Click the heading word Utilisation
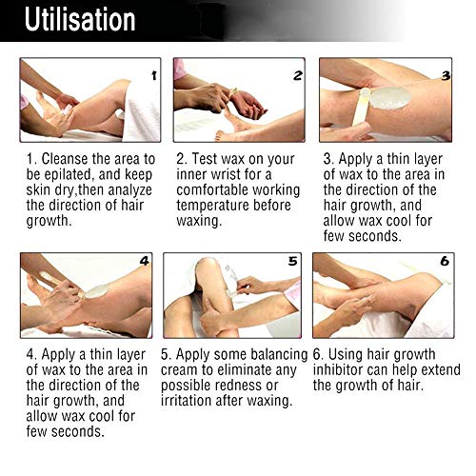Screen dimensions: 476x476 [x=80, y=20]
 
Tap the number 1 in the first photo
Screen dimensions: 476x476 [x=154, y=75]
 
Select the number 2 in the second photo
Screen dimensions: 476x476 [x=298, y=75]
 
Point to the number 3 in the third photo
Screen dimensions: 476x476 [x=446, y=75]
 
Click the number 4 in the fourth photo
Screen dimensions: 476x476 [x=145, y=261]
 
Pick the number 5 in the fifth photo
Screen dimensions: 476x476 [x=292, y=261]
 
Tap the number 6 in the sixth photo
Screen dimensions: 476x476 [x=445, y=261]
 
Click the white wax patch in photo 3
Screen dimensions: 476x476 [x=389, y=98]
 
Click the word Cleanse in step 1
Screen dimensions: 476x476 [x=65, y=159]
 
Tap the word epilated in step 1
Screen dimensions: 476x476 [x=69, y=175]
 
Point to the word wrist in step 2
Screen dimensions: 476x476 [x=226, y=174]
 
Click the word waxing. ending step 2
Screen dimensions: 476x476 [x=199, y=221]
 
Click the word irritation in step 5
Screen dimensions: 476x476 [x=186, y=401]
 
